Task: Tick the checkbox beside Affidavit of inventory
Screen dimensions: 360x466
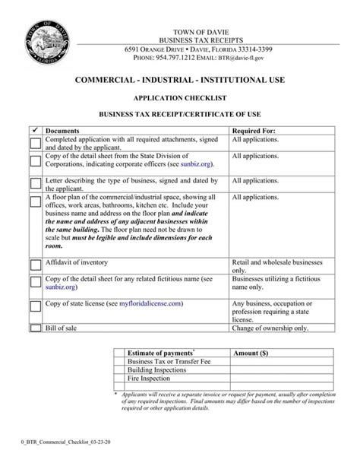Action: pos(36,264)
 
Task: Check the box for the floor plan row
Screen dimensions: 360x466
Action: pos(36,201)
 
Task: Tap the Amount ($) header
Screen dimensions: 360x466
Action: pos(251,353)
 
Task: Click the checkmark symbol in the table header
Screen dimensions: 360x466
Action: pos(35,130)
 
